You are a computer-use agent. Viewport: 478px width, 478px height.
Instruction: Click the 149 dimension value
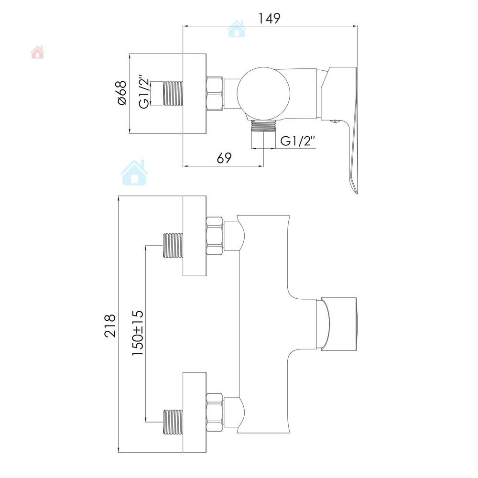coord(269,18)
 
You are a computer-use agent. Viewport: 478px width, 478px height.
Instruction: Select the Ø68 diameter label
coord(121,93)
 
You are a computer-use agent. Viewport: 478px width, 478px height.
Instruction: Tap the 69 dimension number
coord(224,158)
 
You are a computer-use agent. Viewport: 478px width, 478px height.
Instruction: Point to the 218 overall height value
coord(110,326)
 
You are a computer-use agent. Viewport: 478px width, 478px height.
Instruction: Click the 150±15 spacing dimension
coord(138,333)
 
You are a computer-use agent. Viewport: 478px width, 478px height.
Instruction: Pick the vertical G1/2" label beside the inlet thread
coord(144,92)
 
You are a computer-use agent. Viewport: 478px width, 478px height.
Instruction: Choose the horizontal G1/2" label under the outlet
coord(297,141)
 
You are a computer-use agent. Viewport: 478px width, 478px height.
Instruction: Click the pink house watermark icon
coord(37,52)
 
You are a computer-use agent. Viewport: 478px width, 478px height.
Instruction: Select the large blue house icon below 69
coord(134,173)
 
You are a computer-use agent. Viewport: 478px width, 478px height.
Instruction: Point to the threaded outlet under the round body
coord(264,126)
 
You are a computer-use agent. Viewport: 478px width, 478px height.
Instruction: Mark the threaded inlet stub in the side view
coord(173,94)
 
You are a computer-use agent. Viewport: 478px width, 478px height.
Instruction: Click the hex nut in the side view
coord(215,93)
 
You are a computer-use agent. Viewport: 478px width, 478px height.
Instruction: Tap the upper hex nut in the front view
coord(215,236)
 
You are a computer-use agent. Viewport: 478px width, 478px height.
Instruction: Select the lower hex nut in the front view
coord(215,413)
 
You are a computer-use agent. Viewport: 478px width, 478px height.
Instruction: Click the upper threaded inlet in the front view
coord(173,246)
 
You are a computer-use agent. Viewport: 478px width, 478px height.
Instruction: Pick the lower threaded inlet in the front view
coord(173,422)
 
